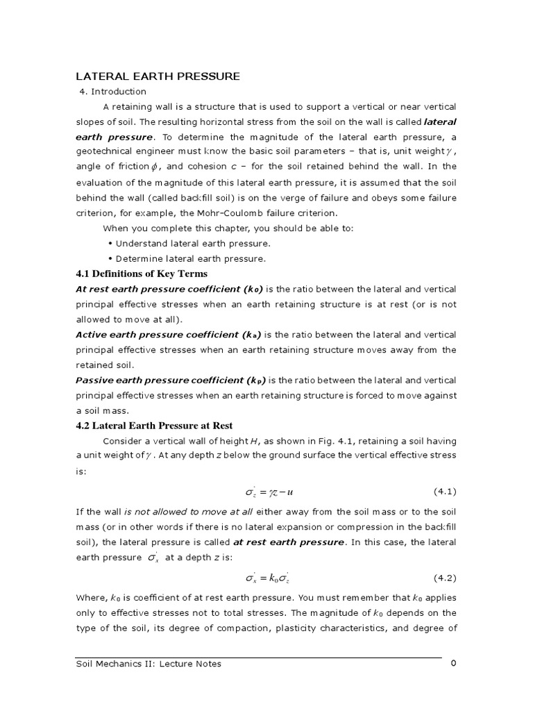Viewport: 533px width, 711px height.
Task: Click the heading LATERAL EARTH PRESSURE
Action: pos(158,76)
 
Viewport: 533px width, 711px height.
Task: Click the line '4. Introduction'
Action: pos(113,92)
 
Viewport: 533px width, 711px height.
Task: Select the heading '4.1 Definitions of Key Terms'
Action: pos(142,274)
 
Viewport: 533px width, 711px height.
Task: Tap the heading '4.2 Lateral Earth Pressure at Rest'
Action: pos(154,426)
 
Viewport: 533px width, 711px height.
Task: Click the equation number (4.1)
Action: pos(445,492)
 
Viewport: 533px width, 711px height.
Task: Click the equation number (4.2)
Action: pos(445,578)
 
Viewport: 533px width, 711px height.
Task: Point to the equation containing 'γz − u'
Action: pos(269,492)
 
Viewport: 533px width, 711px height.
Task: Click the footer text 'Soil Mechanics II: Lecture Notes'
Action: pos(149,664)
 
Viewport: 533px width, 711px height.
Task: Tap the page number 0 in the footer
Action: pos(453,663)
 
